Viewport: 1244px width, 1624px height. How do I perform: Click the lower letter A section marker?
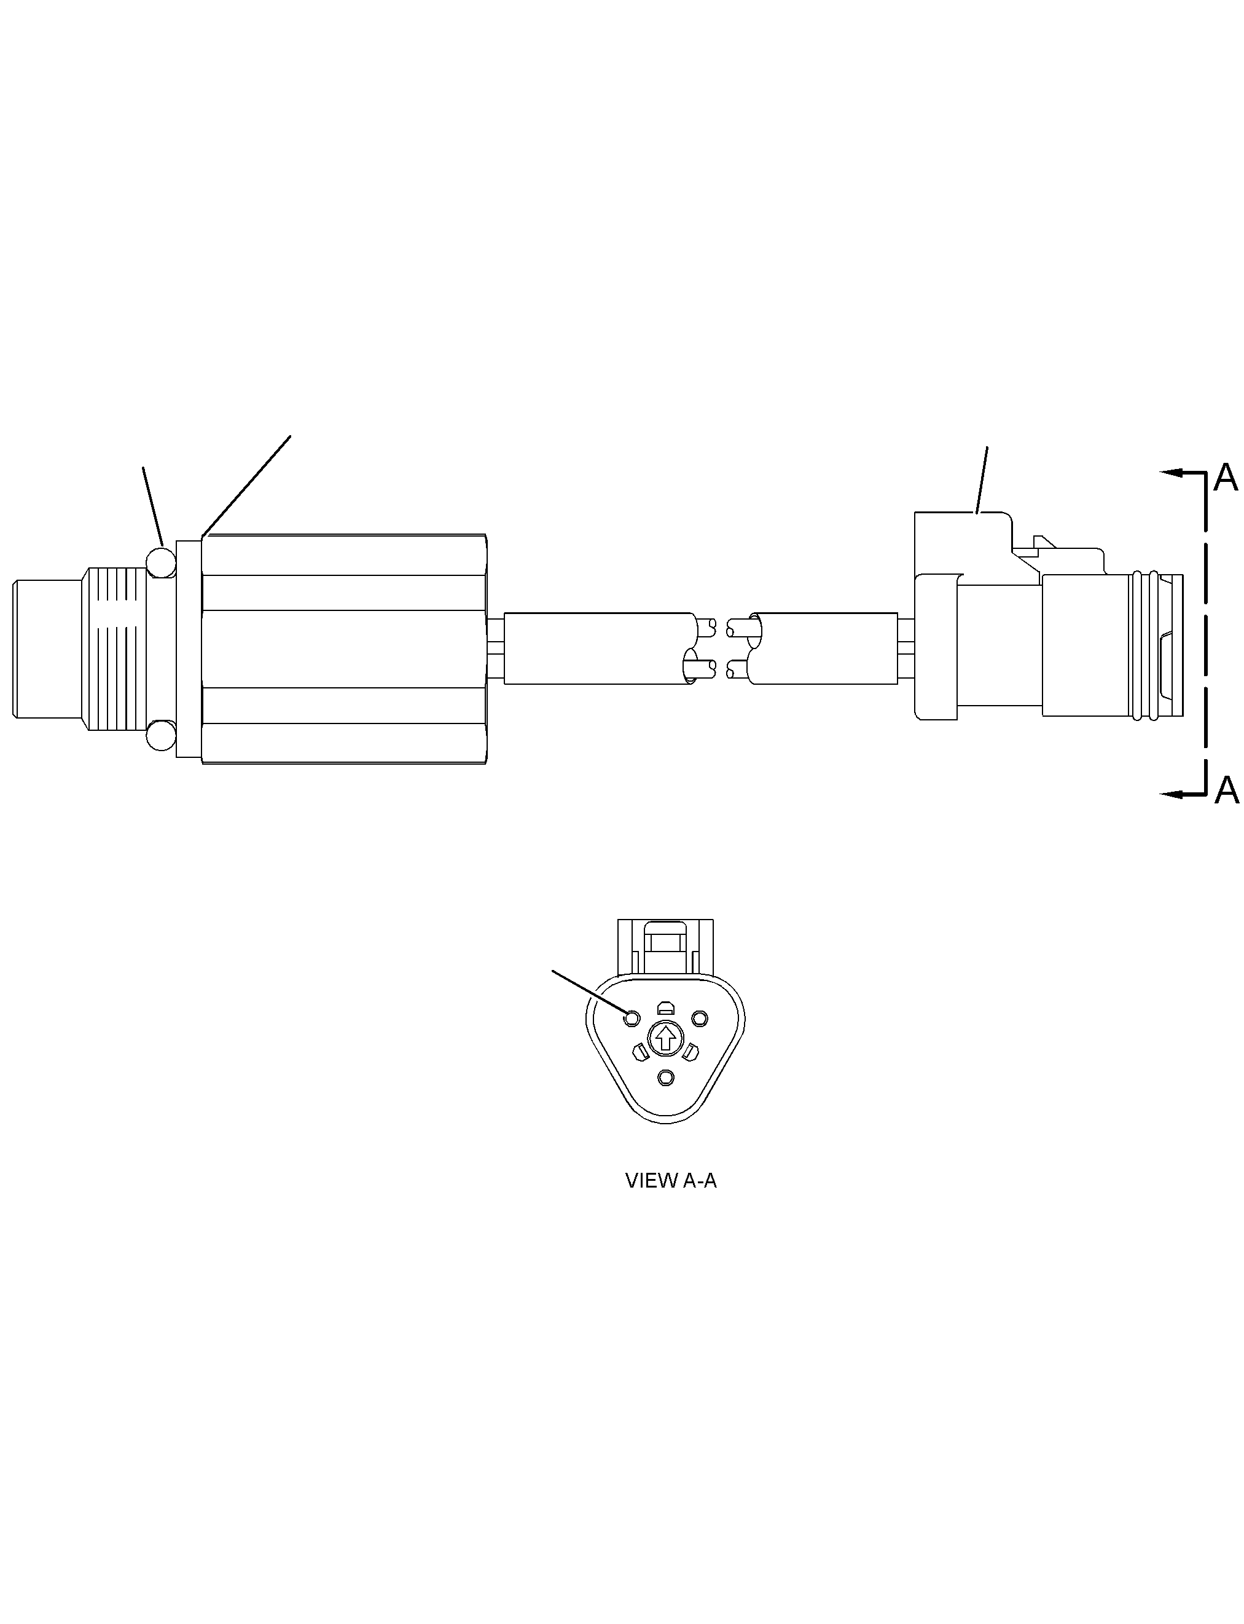1226,790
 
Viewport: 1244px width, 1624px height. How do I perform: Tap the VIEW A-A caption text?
671,1181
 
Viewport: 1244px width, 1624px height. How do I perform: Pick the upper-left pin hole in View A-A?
632,1019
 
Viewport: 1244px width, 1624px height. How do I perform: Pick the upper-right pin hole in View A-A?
700,1019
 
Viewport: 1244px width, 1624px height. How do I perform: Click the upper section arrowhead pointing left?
1172,473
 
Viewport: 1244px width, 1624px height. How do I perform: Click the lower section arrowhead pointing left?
1172,794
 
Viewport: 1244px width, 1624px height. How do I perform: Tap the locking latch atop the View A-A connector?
666,946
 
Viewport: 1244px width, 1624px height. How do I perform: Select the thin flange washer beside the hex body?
189,649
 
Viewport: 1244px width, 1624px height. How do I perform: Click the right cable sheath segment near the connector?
823,648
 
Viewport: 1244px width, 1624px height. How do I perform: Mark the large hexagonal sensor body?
344,649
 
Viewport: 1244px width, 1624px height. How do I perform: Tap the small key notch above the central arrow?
666,1007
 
